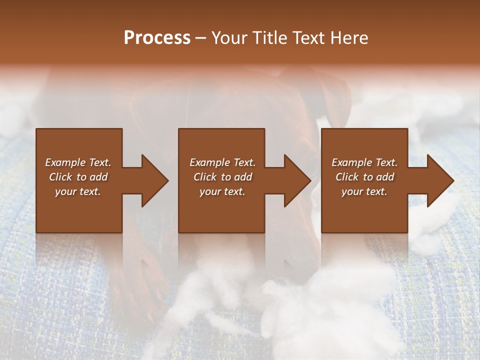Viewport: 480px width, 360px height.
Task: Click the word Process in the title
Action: [x=157, y=38]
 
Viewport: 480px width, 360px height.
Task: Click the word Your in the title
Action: [x=229, y=38]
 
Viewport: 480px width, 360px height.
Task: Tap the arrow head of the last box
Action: [x=439, y=180]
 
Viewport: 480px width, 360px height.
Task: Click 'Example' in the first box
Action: [x=65, y=162]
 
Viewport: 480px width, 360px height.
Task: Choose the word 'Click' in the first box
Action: [x=61, y=177]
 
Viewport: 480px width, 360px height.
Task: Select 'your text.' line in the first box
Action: [x=78, y=191]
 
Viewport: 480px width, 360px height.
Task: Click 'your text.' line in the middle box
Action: [x=222, y=191]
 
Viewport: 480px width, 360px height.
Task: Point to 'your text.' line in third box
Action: [x=364, y=191]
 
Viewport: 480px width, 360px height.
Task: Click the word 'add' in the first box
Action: [x=98, y=177]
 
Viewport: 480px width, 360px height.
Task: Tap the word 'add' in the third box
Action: [x=385, y=177]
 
